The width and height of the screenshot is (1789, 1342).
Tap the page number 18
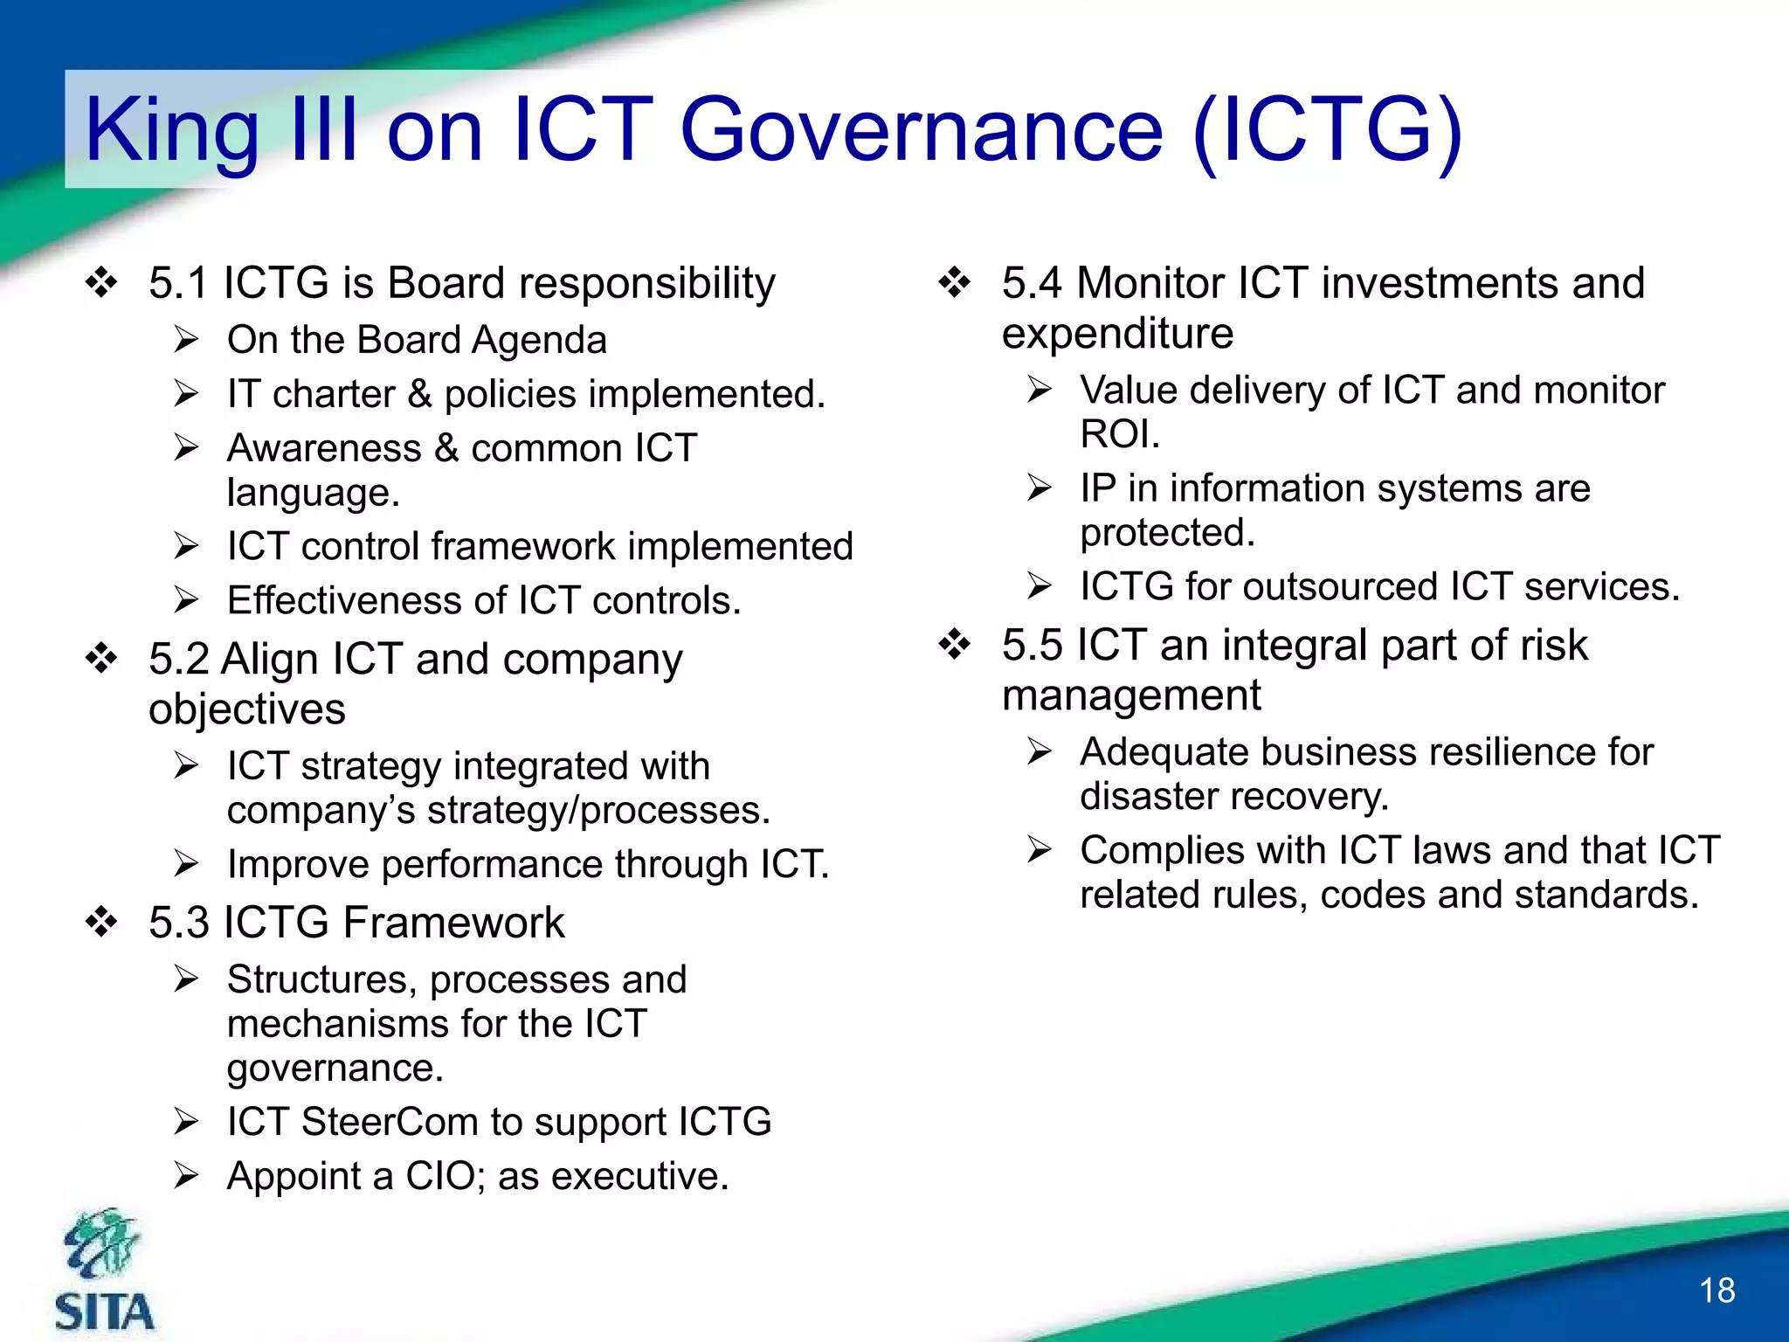[x=1716, y=1291]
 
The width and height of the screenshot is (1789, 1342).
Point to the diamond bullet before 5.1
[x=101, y=282]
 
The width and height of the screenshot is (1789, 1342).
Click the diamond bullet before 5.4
[x=954, y=282]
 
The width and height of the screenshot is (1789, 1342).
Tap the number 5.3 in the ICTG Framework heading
[x=178, y=923]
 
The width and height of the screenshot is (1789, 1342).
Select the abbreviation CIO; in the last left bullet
[x=445, y=1176]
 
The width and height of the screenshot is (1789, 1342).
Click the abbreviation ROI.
[x=1119, y=434]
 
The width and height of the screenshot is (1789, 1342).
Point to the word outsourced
[x=1340, y=586]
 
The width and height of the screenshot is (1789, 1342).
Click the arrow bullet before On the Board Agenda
[x=186, y=340]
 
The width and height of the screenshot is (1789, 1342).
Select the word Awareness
[x=324, y=448]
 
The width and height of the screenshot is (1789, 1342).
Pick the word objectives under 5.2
[x=247, y=709]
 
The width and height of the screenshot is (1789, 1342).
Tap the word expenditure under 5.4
[x=1117, y=334]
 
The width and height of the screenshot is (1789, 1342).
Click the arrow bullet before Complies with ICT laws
[x=1039, y=850]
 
